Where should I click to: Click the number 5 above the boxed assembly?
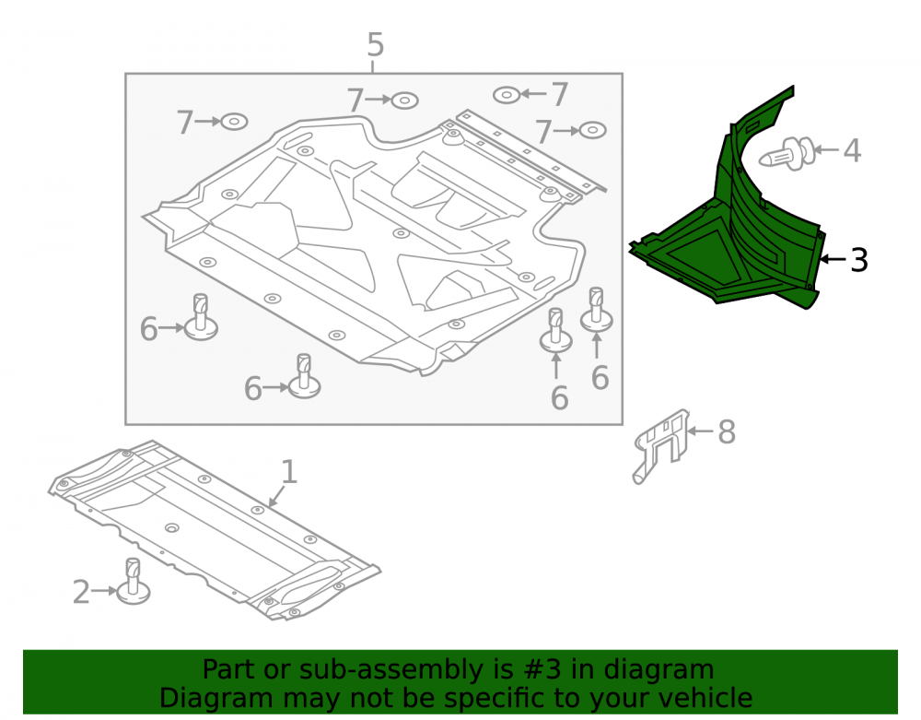pos(376,44)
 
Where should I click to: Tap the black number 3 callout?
pos(858,260)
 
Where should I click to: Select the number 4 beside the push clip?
pos(852,150)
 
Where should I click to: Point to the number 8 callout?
pos(727,432)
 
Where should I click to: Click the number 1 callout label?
pos(288,472)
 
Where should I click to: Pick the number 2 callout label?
pos(81,592)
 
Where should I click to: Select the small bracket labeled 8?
pos(660,444)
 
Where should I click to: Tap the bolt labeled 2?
pos(134,582)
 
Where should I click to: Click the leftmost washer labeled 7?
pos(234,122)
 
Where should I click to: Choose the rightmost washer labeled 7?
pos(592,130)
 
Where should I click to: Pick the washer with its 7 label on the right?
pos(507,95)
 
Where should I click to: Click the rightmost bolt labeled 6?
pos(596,310)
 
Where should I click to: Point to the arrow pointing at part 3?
pos(834,259)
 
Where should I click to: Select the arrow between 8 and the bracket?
pos(700,431)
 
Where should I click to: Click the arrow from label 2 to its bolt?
pos(105,591)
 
